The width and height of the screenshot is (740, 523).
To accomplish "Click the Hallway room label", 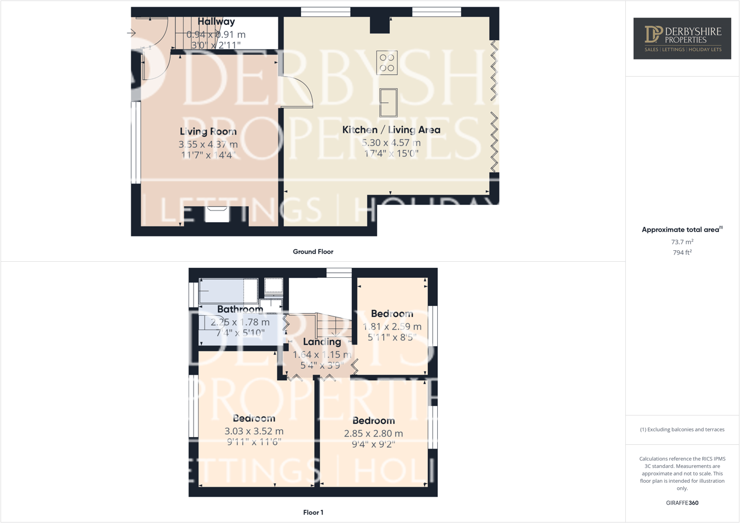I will (216, 21).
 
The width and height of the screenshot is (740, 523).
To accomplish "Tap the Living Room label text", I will (208, 131).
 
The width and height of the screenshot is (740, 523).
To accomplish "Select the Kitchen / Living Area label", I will (391, 130).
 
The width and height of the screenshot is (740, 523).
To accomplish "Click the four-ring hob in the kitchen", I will (387, 62).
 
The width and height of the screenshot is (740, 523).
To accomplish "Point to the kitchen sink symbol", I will (388, 103).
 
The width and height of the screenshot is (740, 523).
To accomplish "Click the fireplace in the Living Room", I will (217, 214).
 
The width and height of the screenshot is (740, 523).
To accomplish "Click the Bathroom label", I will (240, 309).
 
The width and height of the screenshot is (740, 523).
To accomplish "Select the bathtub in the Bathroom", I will (228, 290).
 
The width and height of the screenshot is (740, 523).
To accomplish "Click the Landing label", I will (322, 342).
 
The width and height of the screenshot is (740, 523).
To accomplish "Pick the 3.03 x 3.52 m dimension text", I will (254, 431).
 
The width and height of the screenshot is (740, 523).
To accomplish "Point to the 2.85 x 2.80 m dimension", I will (373, 433).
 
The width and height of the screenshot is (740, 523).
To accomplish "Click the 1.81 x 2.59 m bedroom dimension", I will (392, 326).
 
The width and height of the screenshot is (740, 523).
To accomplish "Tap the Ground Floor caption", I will (313, 252).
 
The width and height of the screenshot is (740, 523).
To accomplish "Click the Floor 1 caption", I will (313, 513).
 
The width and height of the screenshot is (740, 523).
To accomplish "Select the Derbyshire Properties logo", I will (682, 39).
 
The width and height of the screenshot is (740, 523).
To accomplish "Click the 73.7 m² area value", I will (682, 242).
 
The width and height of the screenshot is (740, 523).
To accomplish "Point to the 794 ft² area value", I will (682, 253).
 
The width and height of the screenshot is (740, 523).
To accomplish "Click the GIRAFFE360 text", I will (682, 503).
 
